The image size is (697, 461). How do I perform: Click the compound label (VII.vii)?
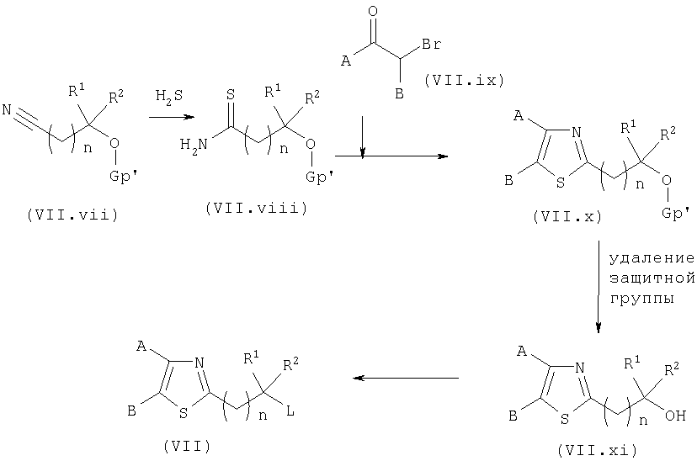pos(72,215)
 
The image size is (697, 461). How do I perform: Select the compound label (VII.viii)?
pos(257,208)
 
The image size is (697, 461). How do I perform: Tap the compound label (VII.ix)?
pos(464,81)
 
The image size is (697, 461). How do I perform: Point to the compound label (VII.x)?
pos(567,216)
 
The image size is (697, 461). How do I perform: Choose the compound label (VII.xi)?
pos(597,450)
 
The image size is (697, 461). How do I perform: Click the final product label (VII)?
pos(187,446)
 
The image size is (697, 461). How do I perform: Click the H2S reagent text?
pos(169,97)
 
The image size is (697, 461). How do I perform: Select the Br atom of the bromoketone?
pos(431,44)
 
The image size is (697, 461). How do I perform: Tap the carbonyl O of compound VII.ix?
pos(374,12)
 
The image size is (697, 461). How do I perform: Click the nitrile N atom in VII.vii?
pos(7,109)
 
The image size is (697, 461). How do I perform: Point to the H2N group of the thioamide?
pos(194,145)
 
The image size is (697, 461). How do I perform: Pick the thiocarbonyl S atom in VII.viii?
pos(231,94)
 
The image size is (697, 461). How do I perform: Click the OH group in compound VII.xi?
pos(676,416)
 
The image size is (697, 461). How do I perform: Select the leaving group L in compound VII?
pos(290,411)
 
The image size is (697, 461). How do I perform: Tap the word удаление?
pos(652,258)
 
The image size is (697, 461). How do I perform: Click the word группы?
pos(641,298)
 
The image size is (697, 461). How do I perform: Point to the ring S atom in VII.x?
pos(561,183)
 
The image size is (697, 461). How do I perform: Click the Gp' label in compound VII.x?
pos(676,214)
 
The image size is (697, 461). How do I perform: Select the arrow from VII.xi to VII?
pos(406,378)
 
